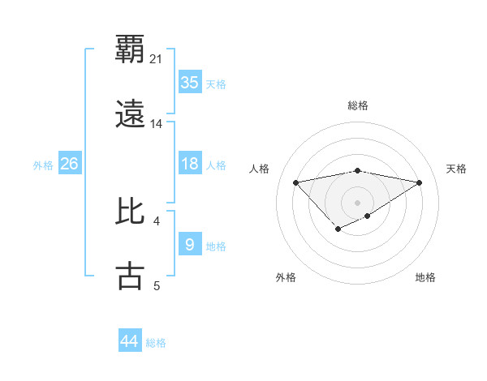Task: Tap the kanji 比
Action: coord(131,212)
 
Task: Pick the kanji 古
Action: coord(131,276)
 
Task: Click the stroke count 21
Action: coord(157,58)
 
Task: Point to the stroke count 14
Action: coord(157,124)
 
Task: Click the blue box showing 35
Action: coord(190,83)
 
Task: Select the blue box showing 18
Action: coord(190,164)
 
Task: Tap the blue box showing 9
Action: coord(190,245)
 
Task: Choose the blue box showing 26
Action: coord(70,164)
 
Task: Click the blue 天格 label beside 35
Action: coord(216,83)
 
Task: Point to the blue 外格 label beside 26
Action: coord(43,165)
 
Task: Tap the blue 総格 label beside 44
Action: coord(156,342)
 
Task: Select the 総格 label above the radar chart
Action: coord(358,105)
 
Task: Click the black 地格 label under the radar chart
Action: coord(425,277)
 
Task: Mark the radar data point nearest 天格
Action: coord(420,182)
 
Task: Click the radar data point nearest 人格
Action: coord(296,182)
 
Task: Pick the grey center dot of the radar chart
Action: coord(357,201)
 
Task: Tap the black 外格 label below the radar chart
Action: coord(286,277)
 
